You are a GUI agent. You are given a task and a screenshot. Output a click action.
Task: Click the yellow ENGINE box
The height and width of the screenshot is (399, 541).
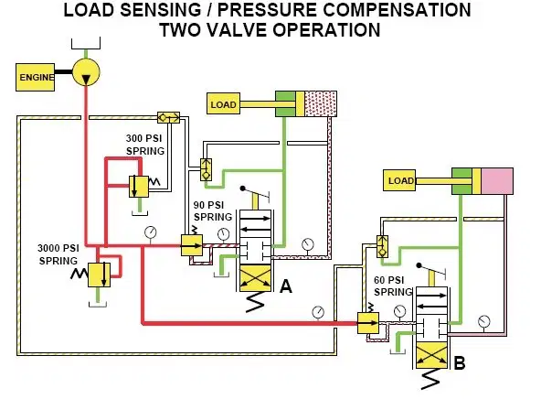[x=36, y=78]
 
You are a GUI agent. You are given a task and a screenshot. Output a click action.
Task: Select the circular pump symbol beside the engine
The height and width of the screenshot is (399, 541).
[x=86, y=72]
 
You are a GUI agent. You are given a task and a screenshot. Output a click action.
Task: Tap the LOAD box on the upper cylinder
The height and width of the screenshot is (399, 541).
[x=224, y=103]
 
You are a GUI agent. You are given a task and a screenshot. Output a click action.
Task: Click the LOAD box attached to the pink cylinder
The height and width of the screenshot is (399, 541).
[x=399, y=180]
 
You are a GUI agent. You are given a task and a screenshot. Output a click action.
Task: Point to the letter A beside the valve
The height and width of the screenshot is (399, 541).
[x=286, y=286]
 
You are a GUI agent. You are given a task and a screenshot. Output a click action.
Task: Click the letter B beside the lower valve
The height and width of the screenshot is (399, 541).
[x=460, y=363]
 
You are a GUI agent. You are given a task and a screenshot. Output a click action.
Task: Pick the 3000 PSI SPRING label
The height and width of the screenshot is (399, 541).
[x=58, y=254]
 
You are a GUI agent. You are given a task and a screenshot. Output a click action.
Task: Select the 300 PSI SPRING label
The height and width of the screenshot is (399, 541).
[x=145, y=145]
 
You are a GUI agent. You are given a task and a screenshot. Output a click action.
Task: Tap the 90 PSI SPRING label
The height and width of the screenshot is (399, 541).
[x=213, y=211]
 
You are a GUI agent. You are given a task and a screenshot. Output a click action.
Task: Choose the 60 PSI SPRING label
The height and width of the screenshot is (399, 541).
[x=393, y=286]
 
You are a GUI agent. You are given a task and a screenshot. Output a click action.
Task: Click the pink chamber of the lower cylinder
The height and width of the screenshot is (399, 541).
[x=497, y=181]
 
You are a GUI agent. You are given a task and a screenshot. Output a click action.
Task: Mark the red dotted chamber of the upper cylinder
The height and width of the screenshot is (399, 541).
[x=321, y=103]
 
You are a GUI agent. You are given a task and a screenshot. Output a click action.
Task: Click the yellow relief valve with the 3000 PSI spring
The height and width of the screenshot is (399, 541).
[x=99, y=275]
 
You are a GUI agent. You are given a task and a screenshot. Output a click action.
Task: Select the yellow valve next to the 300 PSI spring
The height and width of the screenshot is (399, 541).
[x=139, y=187]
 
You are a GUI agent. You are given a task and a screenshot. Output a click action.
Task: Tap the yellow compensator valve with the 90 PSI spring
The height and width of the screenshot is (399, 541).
[x=192, y=245]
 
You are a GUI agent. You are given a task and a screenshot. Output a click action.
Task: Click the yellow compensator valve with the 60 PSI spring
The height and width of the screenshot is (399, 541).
[x=368, y=323]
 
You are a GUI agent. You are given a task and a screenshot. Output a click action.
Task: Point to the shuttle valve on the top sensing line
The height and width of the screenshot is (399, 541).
[x=168, y=117]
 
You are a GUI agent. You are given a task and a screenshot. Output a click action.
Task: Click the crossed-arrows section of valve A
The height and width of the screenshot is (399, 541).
[x=255, y=278]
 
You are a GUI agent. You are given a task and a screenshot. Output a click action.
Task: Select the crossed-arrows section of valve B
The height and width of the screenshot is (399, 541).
[x=431, y=356]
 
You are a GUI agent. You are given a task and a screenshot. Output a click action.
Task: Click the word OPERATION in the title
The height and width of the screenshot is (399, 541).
[x=326, y=29]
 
